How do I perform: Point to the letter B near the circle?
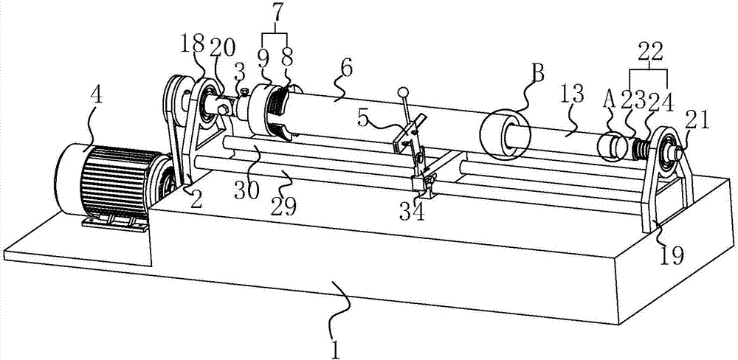click(537, 74)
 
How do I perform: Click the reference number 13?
click(573, 94)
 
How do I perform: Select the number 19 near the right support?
click(672, 254)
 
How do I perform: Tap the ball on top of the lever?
click(404, 93)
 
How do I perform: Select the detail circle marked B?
click(506, 135)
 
